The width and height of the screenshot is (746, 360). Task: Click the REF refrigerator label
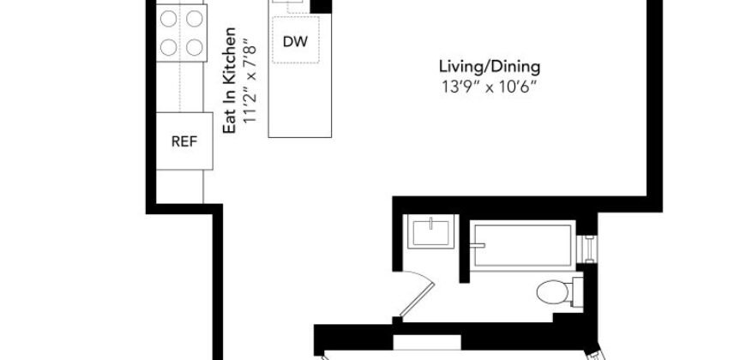click(184, 141)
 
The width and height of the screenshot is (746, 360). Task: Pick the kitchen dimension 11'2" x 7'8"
click(250, 81)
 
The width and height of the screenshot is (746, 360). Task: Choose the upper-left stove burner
click(168, 16)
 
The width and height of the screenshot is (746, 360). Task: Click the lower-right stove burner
click(195, 45)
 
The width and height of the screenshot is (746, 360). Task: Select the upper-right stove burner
click(195, 16)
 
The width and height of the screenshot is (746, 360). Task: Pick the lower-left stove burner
click(168, 45)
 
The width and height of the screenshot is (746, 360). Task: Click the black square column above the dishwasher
click(320, 7)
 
